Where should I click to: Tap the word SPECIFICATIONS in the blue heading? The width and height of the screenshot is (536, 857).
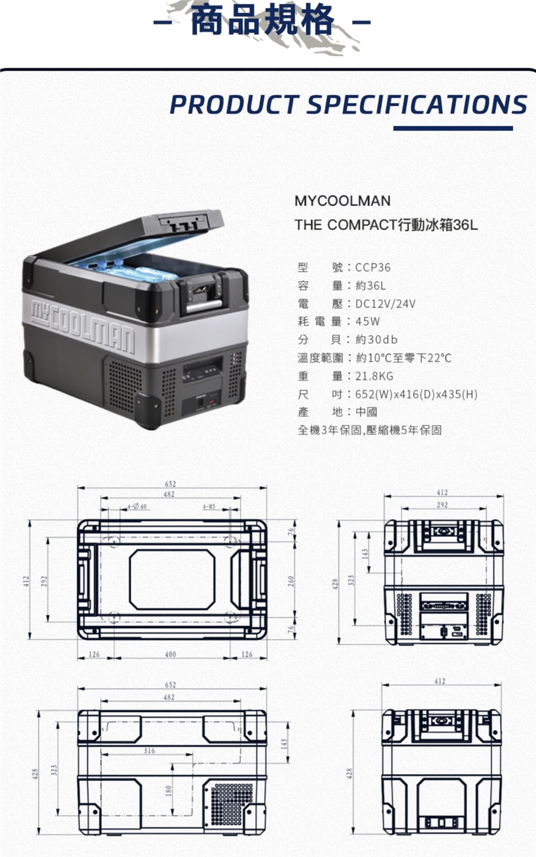pyautogui.click(x=417, y=104)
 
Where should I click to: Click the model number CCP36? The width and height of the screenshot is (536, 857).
pyautogui.click(x=373, y=267)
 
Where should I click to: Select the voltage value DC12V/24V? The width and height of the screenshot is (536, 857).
pyautogui.click(x=385, y=304)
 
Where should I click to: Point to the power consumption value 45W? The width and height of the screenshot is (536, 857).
pyautogui.click(x=367, y=322)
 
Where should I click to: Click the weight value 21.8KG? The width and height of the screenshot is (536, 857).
pyautogui.click(x=374, y=376)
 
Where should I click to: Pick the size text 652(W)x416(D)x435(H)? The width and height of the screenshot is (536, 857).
pyautogui.click(x=416, y=394)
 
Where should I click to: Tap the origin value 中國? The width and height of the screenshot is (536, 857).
pyautogui.click(x=366, y=412)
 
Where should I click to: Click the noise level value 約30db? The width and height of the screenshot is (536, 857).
pyautogui.click(x=376, y=339)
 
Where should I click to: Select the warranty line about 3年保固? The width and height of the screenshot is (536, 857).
pyautogui.click(x=370, y=430)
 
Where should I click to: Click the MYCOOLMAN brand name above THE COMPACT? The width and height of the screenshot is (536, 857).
pyautogui.click(x=342, y=201)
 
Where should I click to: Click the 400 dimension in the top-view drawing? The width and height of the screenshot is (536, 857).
pyautogui.click(x=170, y=654)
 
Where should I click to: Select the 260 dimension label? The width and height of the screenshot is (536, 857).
pyautogui.click(x=291, y=581)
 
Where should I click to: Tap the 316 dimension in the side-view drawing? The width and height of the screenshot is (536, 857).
pyautogui.click(x=149, y=751)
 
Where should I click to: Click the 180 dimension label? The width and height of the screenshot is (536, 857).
pyautogui.click(x=168, y=791)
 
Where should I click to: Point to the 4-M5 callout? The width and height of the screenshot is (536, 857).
pyautogui.click(x=209, y=506)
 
